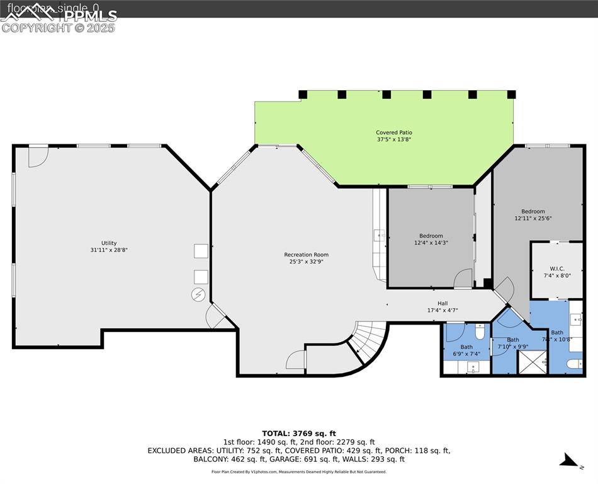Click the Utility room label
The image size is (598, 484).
click(109, 243)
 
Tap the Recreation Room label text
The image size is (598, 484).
click(306, 255)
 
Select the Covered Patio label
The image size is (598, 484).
click(394, 132)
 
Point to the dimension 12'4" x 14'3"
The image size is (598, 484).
click(431, 243)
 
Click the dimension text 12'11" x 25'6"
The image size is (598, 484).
click(533, 219)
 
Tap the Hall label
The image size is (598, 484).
click(443, 303)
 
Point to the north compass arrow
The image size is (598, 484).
click(570, 461)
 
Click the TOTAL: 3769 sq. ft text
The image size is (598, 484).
click(298, 433)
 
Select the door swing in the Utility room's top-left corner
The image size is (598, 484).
click(38, 156)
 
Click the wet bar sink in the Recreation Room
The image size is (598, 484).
click(379, 236)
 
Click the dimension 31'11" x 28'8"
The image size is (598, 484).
click(109, 250)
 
